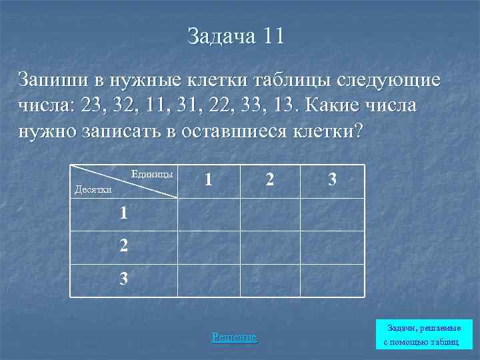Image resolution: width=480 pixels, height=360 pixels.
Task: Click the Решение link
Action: coord(234,337)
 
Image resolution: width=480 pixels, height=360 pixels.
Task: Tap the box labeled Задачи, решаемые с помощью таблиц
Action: coord(422,335)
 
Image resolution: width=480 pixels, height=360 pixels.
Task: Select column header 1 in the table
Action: coord(209,180)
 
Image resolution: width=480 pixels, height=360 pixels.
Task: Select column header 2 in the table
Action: coord(269,180)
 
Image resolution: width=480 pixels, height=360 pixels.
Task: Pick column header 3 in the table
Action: coord(331,180)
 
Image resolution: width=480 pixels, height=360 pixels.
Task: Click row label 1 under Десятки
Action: coord(123,213)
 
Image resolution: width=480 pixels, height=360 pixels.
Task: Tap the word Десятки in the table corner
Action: coord(93,189)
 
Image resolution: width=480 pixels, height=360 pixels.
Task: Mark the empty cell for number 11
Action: coord(208,214)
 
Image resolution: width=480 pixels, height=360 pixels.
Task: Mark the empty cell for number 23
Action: coord(332,247)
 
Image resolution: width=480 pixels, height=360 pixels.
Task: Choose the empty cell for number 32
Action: coord(269,280)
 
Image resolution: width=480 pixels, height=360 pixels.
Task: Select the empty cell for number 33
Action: coord(332,280)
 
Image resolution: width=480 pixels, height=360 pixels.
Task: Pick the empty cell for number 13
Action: coord(332,214)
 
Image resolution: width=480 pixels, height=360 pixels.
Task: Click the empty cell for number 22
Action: coord(269,247)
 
